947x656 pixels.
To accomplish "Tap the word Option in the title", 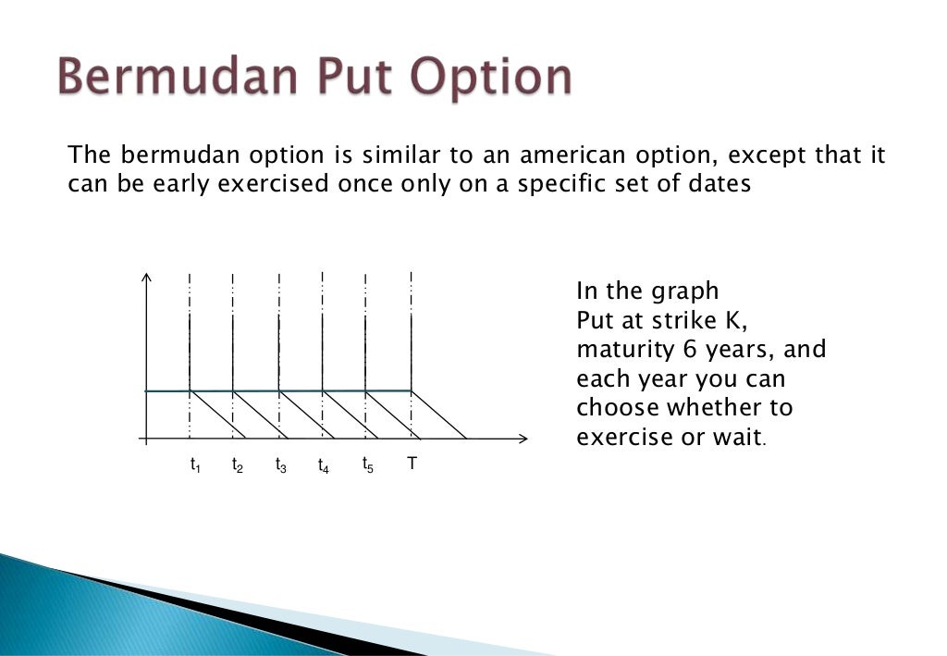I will [x=490, y=79].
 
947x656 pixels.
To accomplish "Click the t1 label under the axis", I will [x=195, y=465].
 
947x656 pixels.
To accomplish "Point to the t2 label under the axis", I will [x=238, y=465].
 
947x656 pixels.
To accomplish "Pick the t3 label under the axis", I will [x=281, y=465].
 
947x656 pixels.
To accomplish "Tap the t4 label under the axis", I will [x=324, y=465].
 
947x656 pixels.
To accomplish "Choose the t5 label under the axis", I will [x=368, y=464].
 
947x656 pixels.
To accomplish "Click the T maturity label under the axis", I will [x=412, y=463].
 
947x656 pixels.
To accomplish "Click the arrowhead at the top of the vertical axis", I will [x=146, y=277].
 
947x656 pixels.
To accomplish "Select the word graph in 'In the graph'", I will [x=683, y=291].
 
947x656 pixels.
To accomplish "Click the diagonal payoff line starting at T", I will [x=439, y=415].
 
